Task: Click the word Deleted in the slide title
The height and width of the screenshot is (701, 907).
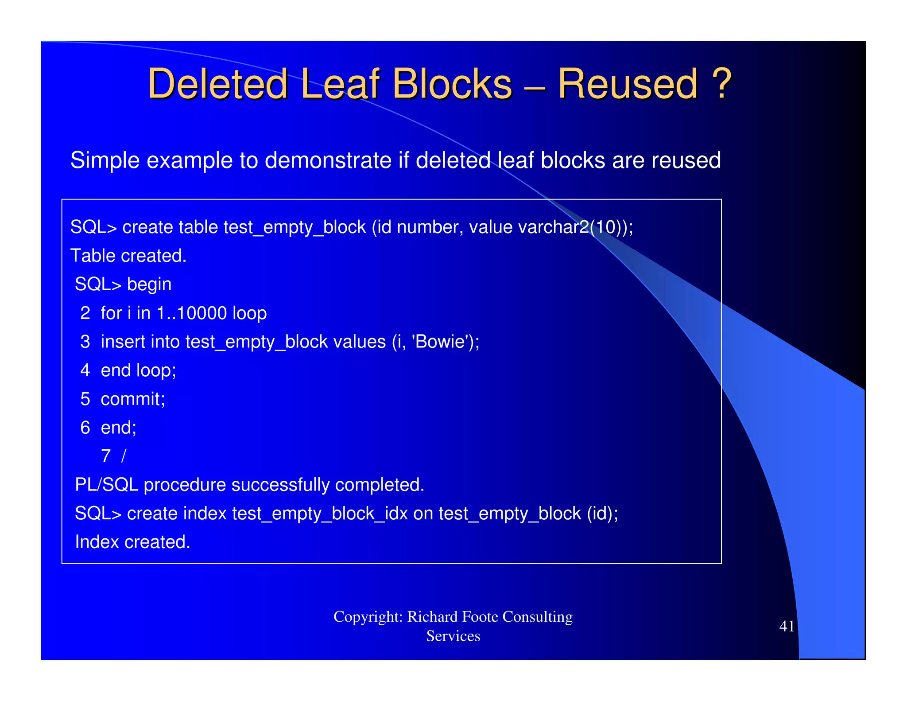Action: click(217, 84)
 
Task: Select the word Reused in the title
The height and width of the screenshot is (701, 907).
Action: click(627, 84)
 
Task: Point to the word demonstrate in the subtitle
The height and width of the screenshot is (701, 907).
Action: click(328, 160)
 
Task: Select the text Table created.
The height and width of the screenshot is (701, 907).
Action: click(128, 256)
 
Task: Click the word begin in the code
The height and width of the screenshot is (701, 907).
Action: click(149, 284)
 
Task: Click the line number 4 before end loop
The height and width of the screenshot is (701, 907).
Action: click(85, 370)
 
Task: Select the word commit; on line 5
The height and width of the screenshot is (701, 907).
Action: click(133, 399)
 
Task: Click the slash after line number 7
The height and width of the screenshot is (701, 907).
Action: click(124, 456)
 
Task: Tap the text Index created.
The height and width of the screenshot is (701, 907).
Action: click(132, 542)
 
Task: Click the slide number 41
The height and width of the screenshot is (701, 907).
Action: click(787, 626)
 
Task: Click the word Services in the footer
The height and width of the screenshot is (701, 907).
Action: click(453, 636)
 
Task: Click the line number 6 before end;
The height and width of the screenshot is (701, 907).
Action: click(85, 428)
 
